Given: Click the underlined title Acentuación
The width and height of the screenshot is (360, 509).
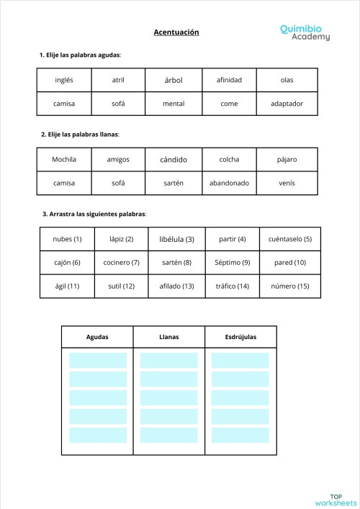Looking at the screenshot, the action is pos(176,32).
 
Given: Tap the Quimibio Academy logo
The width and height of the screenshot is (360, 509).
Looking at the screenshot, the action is pos(305,32).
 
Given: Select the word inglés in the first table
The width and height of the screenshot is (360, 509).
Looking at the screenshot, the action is pos(64,80).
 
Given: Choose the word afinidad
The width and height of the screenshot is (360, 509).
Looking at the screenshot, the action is pos(229,80).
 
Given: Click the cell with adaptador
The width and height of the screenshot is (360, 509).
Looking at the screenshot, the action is pos(287,103).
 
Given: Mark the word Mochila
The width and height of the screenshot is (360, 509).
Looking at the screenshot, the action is pos(64,159).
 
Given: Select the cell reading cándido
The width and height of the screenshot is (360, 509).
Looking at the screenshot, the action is pos(174,159).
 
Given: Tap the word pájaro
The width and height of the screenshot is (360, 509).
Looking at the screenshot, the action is pos(287,159).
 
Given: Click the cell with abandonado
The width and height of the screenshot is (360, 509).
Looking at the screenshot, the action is pos(229,183).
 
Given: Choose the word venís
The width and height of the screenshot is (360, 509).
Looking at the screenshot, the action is pos(287,183).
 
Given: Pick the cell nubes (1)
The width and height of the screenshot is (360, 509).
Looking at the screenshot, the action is pos(68,239).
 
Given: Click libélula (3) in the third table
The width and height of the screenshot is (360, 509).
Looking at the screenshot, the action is pos(176,239).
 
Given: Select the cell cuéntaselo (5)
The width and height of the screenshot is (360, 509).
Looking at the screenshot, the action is pos(290,239).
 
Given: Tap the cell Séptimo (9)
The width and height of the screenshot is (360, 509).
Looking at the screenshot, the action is pos(232,262).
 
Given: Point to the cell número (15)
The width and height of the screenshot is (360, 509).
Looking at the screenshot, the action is pos(290,286).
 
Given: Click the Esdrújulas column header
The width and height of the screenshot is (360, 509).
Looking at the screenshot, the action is pos(240,336).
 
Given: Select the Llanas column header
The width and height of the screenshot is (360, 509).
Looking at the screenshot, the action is pos(168,336).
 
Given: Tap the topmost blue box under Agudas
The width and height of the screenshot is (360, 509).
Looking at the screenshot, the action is pos(98,360).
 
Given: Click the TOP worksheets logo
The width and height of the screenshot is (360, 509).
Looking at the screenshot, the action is pos(336,499).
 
